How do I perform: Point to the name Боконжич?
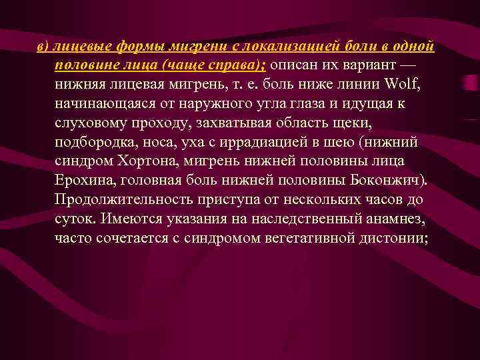(389, 181)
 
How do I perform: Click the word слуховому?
(89, 123)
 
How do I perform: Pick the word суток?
(75, 219)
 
